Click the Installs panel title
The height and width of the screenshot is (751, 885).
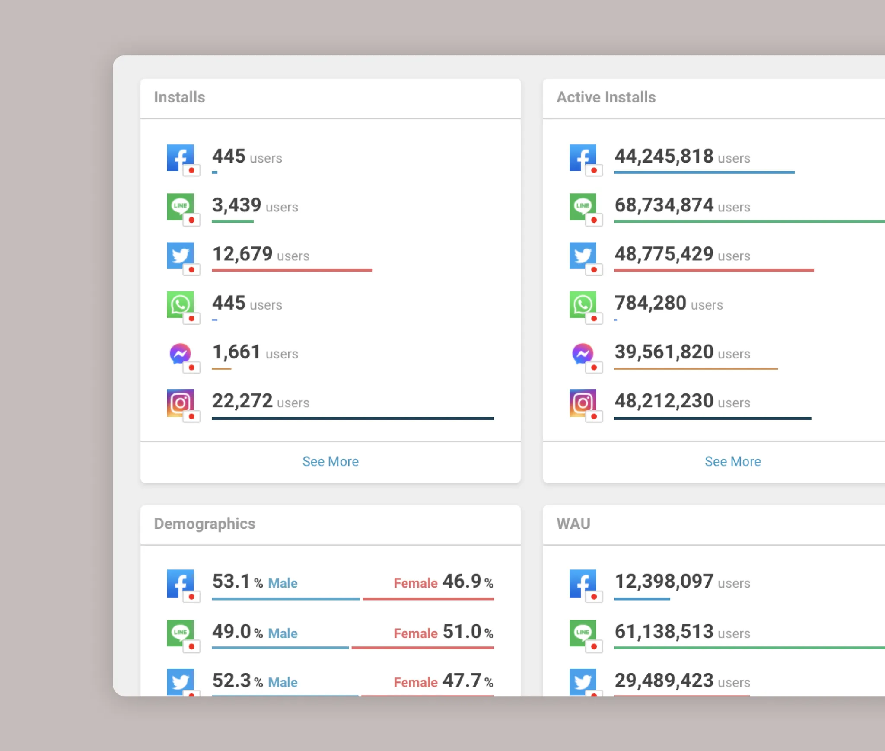coord(179,97)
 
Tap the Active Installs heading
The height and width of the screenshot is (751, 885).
coord(606,97)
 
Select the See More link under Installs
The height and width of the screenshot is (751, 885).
coord(330,461)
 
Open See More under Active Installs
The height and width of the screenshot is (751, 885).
coord(732,461)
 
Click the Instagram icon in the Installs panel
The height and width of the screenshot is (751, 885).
coord(181,403)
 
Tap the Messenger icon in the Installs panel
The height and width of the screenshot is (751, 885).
coord(181,354)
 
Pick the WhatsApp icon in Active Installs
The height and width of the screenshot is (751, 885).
coord(583,305)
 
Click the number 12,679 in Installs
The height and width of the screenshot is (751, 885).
coord(242,254)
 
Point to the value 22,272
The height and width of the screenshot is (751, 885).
coord(242,401)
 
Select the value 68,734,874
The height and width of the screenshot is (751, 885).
coord(664,205)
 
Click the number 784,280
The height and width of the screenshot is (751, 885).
coord(650,303)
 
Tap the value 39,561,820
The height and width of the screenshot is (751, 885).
coord(664,352)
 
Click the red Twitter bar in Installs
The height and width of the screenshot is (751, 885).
coord(292,270)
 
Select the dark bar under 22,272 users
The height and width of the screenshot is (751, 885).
coord(353,418)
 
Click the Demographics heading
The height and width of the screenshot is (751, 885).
coord(204,524)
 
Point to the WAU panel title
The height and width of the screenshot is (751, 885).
coord(573,524)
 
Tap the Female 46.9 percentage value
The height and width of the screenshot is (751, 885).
coord(462,582)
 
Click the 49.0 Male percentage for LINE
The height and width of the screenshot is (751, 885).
coord(232,632)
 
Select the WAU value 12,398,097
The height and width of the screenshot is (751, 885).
coord(664,582)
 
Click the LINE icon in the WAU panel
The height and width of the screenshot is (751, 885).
coord(583,633)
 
